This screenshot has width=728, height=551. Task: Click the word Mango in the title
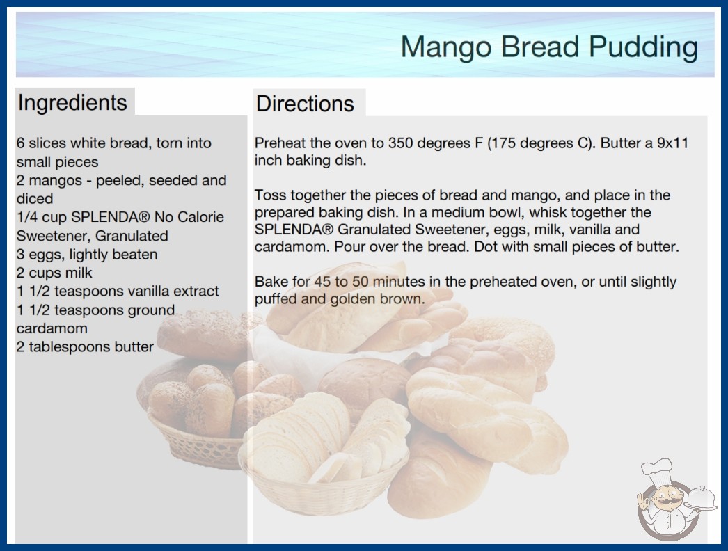click(x=446, y=48)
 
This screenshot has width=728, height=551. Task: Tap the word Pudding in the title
click(x=644, y=48)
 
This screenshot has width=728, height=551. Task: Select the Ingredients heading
click(x=72, y=102)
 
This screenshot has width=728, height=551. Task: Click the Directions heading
click(x=305, y=104)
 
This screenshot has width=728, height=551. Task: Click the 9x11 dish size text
click(x=672, y=143)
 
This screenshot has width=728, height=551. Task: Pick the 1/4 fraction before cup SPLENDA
click(x=27, y=217)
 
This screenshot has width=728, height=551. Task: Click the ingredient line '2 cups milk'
click(x=54, y=273)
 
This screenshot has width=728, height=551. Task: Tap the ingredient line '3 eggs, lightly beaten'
click(x=87, y=255)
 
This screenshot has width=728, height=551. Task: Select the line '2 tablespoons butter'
click(x=85, y=346)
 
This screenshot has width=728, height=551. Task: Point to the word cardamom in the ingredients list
click(x=52, y=328)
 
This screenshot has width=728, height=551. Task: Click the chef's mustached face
click(x=667, y=498)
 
